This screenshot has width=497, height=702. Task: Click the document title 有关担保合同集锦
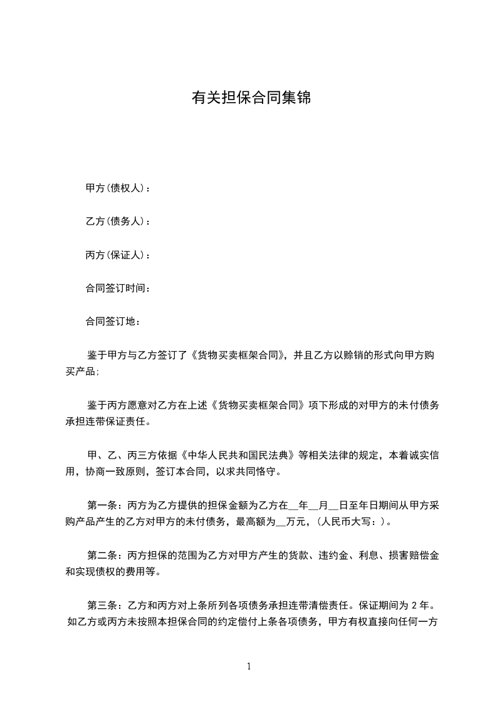pos(251,98)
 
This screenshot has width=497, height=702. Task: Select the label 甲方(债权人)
pos(116,188)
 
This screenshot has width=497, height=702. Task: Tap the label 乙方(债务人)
pos(116,221)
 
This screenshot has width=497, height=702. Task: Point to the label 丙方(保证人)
pos(116,255)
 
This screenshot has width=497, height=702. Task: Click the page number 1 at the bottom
pos(249,666)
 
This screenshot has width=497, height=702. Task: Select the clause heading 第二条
pos(102,555)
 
